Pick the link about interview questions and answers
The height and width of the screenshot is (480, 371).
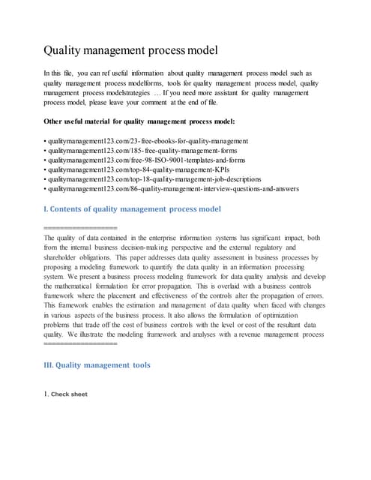[172, 189]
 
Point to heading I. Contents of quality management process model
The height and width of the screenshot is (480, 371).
[132, 208]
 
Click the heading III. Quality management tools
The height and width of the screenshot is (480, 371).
[97, 365]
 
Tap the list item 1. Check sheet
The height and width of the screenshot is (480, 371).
[65, 394]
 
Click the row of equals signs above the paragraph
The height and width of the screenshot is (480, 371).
[80, 227]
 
